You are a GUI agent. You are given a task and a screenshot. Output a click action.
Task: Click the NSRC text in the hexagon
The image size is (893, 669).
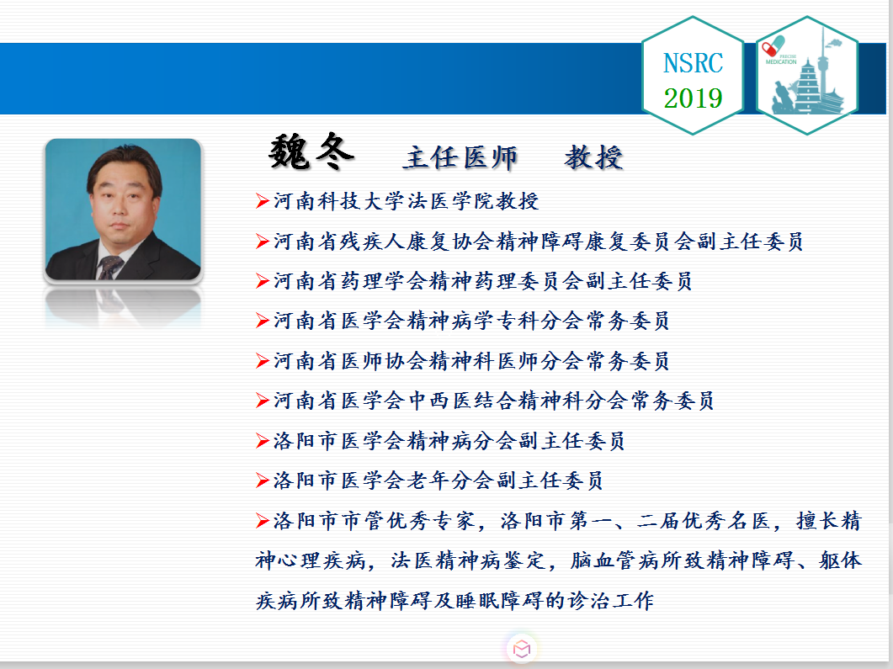pos(693,62)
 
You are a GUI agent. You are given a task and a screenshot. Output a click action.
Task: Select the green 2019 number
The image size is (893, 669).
pos(693,98)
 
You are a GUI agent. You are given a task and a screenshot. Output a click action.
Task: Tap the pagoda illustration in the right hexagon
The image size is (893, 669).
pos(810,85)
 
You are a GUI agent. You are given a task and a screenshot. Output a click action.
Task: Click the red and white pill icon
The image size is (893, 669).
pos(774,45)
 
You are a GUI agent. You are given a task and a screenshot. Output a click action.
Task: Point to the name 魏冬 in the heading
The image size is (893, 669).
pos(311,152)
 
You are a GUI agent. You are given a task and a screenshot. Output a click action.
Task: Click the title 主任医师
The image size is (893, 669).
pos(460,157)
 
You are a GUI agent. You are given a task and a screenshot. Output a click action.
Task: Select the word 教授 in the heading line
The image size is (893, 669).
pos(593,157)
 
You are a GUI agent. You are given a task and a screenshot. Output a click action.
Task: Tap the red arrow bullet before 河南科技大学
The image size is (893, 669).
pos(262,201)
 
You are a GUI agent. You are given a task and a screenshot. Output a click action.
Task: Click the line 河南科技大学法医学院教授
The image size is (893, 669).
pos(406,201)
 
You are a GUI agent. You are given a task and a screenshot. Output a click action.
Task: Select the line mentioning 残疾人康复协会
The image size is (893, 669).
pos(538,242)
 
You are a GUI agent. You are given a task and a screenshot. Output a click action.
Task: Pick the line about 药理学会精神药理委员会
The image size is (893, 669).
pos(482,281)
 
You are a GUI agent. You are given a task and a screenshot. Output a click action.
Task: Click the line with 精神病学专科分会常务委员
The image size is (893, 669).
pos(471,321)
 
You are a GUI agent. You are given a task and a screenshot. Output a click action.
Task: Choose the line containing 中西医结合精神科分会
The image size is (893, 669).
pos(494,401)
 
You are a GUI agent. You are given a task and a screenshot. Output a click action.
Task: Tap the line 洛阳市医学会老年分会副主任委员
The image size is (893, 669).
pos(438,481)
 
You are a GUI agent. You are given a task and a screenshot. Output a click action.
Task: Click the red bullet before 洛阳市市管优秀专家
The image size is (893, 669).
pos(262,520)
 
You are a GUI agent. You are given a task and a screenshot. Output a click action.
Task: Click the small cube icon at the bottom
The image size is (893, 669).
pos(522,649)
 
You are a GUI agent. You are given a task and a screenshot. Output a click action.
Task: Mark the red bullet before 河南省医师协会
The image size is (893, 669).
pos(262,361)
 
